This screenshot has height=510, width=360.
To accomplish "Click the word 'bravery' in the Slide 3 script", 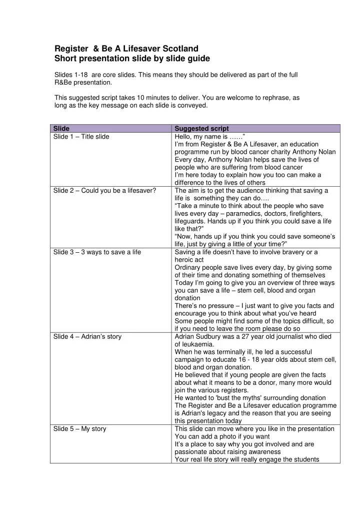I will pos(295,252).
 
